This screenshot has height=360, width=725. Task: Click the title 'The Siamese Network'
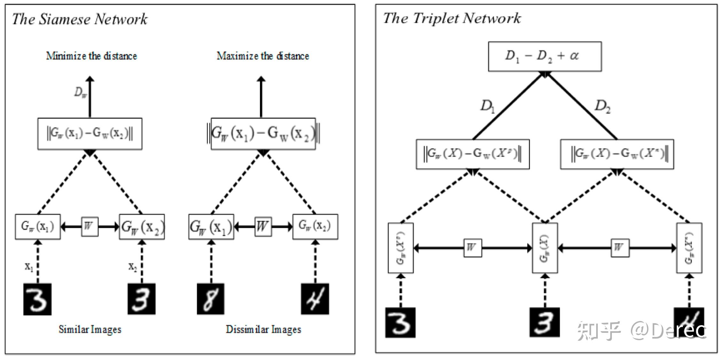[80, 19]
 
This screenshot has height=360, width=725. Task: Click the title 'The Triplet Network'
[452, 18]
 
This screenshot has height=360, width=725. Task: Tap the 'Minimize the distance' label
[91, 56]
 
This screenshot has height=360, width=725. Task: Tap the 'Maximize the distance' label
[263, 56]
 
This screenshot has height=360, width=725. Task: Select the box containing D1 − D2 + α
[544, 56]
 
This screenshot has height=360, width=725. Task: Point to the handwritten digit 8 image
[211, 299]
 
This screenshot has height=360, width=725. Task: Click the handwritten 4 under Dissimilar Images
[315, 299]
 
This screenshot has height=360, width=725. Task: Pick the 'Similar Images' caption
[90, 329]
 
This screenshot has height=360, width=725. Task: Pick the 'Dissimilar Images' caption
[263, 329]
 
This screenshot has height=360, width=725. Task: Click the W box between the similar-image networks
[90, 227]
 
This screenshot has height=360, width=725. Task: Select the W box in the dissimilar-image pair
[263, 227]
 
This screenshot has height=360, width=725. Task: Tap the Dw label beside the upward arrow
[80, 93]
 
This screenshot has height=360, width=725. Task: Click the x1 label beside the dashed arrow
[29, 266]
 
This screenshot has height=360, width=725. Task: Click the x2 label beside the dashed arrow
[133, 266]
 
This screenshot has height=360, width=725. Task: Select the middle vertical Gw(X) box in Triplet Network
[545, 248]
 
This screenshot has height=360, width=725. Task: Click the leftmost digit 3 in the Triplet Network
[400, 322]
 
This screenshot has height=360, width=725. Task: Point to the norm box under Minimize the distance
[90, 134]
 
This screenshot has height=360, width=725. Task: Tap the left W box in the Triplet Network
[472, 248]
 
